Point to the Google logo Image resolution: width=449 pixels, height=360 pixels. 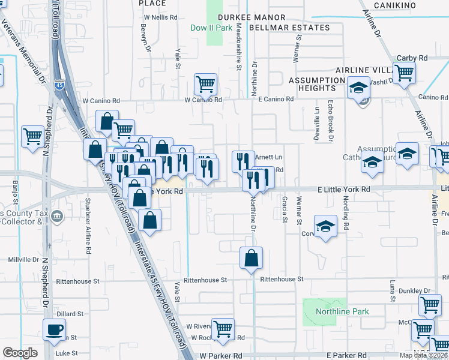pyautogui.click(x=20, y=352)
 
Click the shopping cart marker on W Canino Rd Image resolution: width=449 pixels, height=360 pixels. pyautogui.click(x=205, y=84)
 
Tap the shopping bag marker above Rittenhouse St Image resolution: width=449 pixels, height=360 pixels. pyautogui.click(x=251, y=257)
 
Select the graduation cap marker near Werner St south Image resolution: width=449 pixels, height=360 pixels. pyautogui.click(x=325, y=226)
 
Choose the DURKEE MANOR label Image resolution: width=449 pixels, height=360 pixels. pyautogui.click(x=247, y=18)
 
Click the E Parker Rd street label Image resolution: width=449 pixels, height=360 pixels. pyautogui.click(x=347, y=356)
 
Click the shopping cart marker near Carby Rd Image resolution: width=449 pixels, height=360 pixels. pyautogui.click(x=404, y=73)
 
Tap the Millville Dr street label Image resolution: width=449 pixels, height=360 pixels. pyautogui.click(x=23, y=260)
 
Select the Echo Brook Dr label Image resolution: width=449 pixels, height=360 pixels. pyautogui.click(x=330, y=121)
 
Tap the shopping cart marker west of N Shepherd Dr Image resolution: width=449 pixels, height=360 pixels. pyautogui.click(x=32, y=136)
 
